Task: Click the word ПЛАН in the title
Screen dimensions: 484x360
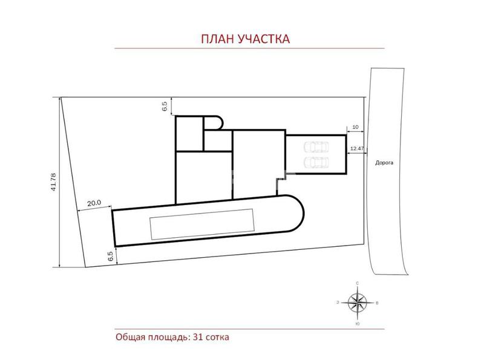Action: [218, 39]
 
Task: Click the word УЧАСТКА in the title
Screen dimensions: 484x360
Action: [264, 39]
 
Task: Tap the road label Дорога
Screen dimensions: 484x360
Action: [384, 163]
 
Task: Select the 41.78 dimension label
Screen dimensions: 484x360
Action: [53, 182]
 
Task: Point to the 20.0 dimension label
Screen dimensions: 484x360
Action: [94, 203]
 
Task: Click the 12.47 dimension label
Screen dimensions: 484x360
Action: [357, 148]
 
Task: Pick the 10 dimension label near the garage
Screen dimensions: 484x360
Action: [355, 127]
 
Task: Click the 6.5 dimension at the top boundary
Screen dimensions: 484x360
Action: [165, 106]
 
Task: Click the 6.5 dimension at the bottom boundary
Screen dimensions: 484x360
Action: [111, 257]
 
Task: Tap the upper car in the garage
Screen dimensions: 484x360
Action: [316, 147]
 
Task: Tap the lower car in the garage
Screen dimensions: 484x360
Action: [316, 162]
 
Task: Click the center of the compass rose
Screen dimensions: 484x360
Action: [357, 303]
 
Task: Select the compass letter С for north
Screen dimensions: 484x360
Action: [358, 283]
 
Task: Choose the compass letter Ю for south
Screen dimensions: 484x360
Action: [358, 324]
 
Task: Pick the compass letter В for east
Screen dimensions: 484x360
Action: [377, 303]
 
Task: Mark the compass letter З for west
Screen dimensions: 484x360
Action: [338, 303]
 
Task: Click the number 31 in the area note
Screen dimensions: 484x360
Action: [197, 337]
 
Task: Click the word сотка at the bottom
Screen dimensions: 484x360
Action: [217, 337]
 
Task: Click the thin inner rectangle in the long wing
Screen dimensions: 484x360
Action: [202, 224]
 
